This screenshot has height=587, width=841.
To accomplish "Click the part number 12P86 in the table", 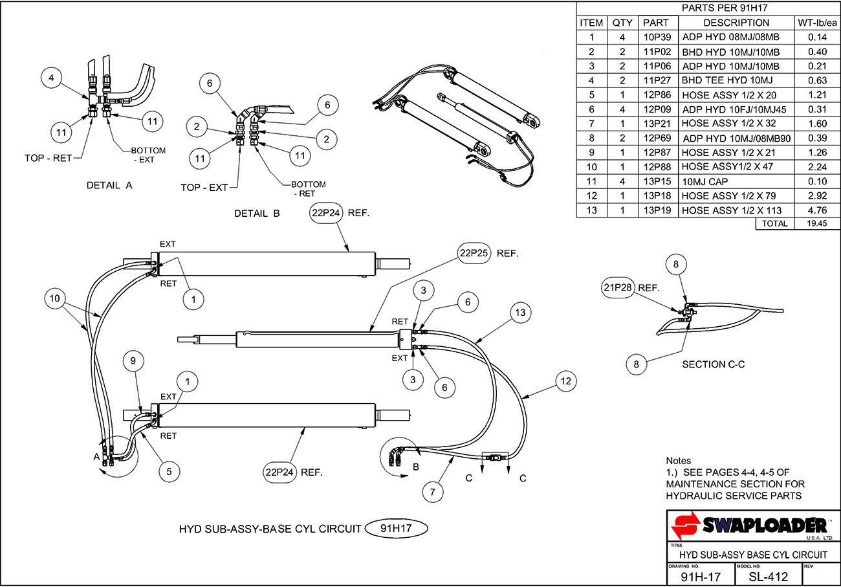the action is pos(657,94).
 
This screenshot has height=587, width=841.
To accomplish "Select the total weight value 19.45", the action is pos(817,223).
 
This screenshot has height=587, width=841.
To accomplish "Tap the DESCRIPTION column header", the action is pos(736,23).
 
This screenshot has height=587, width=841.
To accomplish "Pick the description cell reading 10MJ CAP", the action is pos(704,182).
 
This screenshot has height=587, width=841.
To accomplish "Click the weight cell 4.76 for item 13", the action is pos(817,210).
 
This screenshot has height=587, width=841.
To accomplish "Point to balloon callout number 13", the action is pos(520,313).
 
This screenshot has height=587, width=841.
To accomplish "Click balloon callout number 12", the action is pos(566,381).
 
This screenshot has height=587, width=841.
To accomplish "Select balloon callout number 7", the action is pos(433,492).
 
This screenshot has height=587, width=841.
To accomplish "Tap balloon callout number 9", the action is pos(133,361).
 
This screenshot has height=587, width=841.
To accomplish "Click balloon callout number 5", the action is pos(169,472).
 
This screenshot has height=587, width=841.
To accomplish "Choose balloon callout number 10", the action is pos(55,298).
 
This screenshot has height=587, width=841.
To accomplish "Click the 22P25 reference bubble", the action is pos(474,253).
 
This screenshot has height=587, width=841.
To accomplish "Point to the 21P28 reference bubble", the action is pos(618,288).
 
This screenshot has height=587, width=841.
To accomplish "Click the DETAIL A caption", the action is pos(109,186).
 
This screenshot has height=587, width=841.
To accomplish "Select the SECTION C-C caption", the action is pos(714,364).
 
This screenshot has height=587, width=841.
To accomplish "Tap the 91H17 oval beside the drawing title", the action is pos(396,528).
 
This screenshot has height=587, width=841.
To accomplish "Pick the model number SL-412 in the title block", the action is pos(768,577).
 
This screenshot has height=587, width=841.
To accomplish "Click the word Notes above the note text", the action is pos(678,460).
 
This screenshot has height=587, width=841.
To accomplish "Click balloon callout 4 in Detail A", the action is pos(52,78).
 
